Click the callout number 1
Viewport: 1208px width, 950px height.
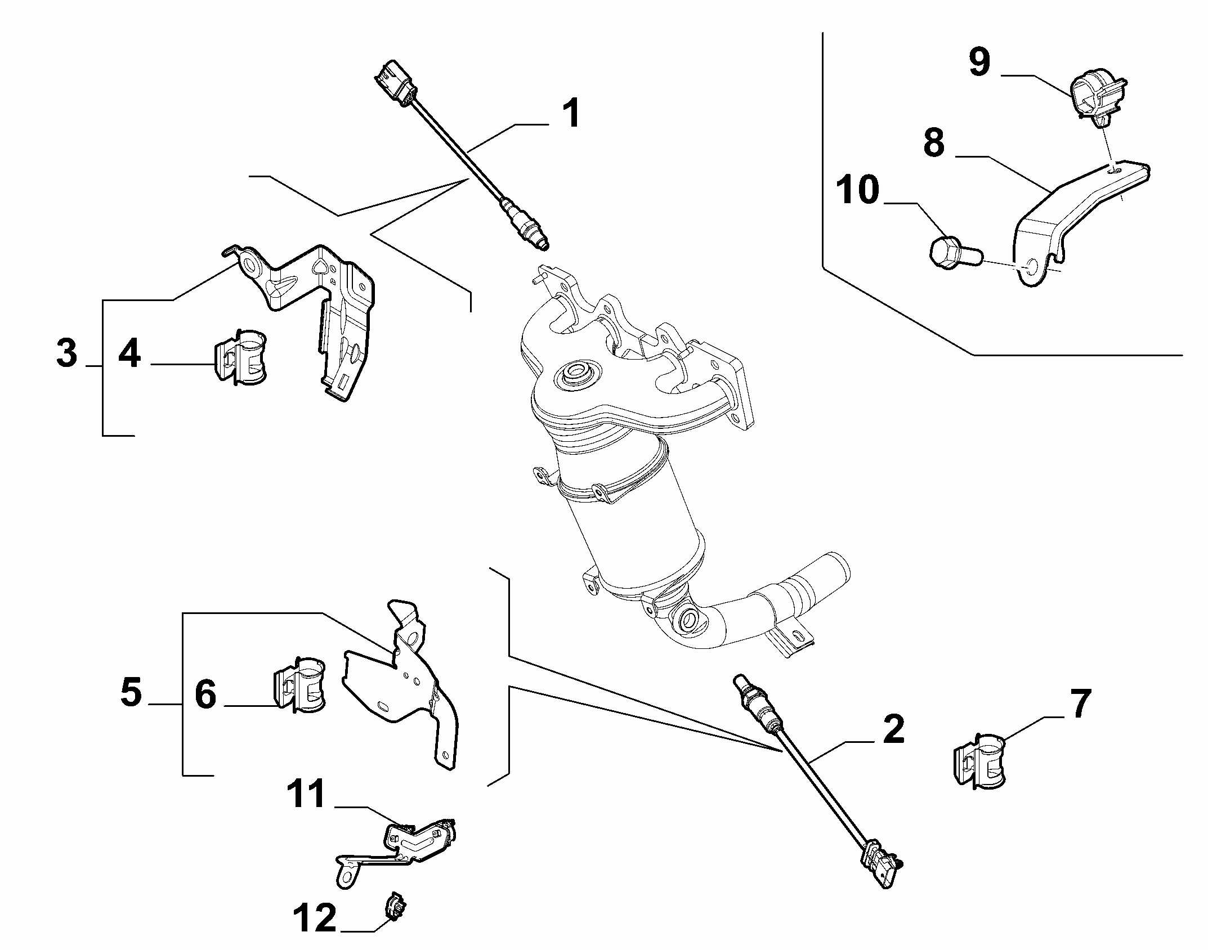click(x=571, y=114)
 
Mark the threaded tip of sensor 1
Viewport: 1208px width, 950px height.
click(x=542, y=243)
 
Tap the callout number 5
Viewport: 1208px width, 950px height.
click(x=131, y=692)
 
